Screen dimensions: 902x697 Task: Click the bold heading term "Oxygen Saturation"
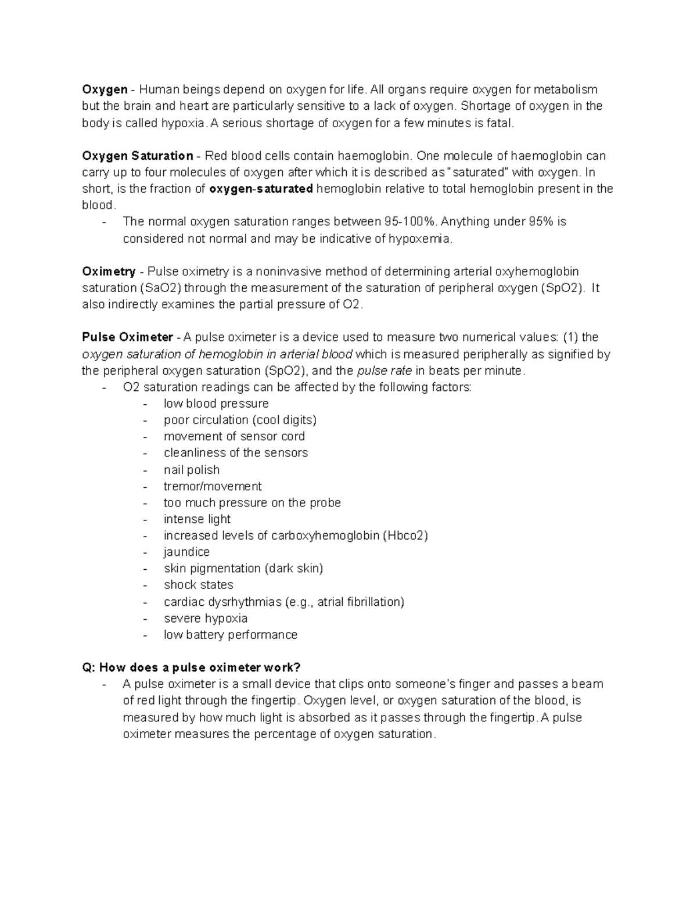click(138, 156)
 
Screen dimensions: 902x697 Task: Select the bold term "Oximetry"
click(109, 271)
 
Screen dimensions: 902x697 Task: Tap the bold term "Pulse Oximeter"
click(128, 337)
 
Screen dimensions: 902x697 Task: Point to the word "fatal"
click(500, 123)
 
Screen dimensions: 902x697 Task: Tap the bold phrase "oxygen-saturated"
click(261, 189)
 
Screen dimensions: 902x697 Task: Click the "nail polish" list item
click(192, 469)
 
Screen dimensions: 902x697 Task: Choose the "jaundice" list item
click(186, 552)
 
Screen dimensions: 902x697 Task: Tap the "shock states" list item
click(198, 584)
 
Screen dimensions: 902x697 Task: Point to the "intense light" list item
click(197, 519)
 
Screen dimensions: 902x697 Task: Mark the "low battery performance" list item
click(230, 634)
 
